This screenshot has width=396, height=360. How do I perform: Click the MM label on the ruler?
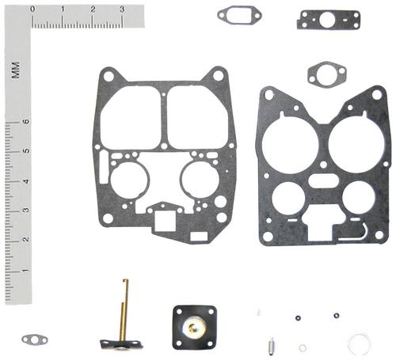[x=16, y=70]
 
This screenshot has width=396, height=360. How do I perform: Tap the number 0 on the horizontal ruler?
[x=32, y=9]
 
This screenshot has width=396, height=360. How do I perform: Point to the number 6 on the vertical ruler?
[x=26, y=122]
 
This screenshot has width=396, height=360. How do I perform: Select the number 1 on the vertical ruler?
[x=25, y=270]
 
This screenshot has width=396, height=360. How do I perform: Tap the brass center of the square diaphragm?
[x=192, y=328]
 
